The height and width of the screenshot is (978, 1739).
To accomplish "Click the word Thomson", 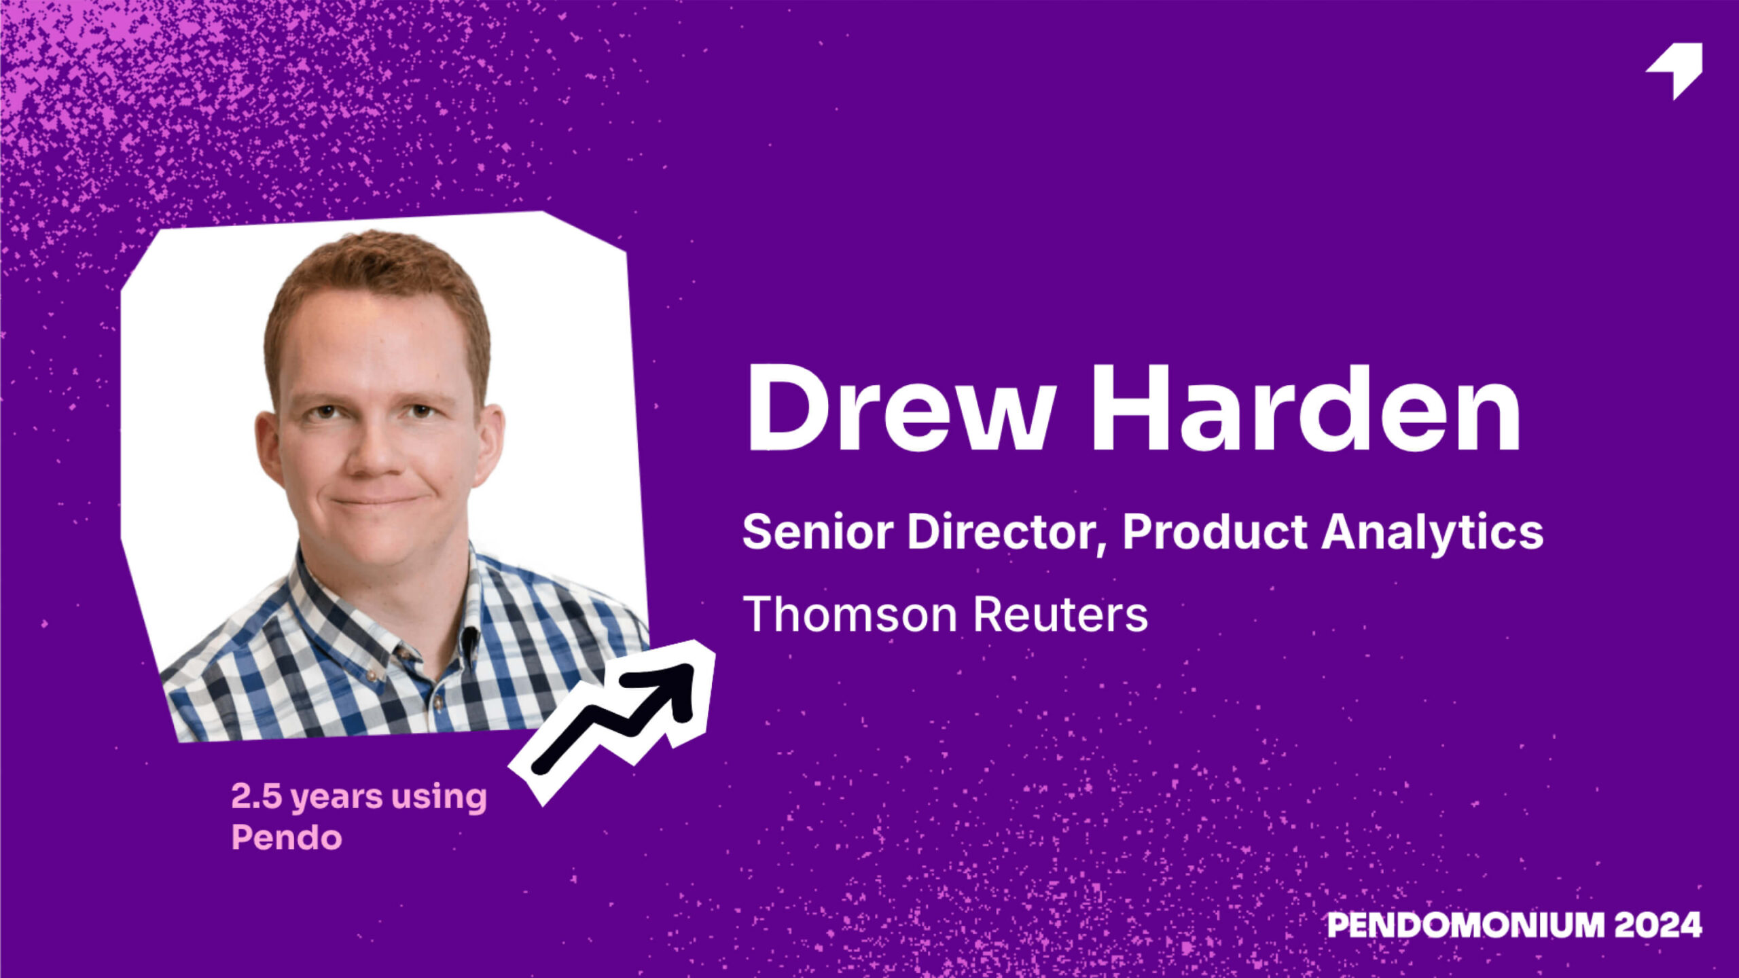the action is tap(849, 614).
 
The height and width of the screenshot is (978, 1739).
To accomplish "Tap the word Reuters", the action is tap(1060, 615).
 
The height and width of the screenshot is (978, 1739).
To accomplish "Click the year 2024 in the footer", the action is tap(1658, 925).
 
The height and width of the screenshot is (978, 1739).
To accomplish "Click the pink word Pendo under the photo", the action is tap(286, 837).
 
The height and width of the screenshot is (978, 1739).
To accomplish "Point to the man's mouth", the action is tap(374, 501).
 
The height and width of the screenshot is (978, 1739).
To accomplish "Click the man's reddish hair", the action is tap(377, 272).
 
